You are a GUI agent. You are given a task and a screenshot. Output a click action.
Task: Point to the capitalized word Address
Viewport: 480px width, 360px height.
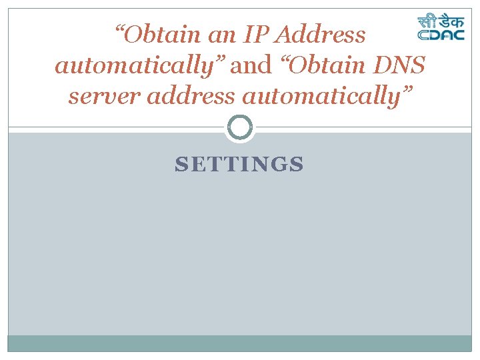click(x=323, y=35)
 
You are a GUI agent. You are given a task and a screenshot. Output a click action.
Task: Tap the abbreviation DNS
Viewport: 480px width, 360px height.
click(x=401, y=65)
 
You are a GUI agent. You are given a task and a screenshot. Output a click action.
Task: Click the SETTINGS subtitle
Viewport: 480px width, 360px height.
click(x=239, y=164)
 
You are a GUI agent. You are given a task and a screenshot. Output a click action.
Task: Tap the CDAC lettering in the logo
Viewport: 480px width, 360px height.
click(x=441, y=35)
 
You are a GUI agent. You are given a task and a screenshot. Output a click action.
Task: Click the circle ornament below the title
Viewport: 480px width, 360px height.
click(x=240, y=127)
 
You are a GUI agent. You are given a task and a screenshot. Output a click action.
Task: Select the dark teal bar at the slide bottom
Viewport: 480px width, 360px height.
click(x=240, y=343)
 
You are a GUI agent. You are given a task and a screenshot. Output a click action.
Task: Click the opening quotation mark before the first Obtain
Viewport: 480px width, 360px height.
click(x=121, y=29)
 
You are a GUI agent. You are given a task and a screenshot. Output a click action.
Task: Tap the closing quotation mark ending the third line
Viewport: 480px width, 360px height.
click(x=407, y=91)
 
